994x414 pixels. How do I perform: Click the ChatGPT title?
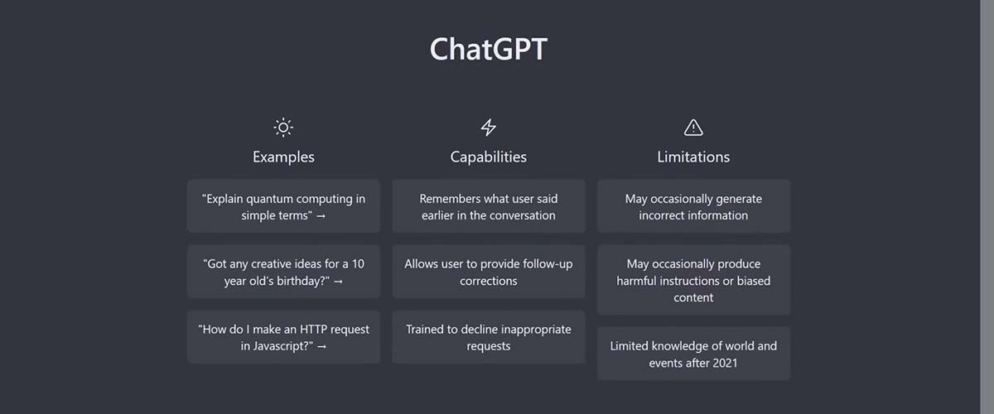(x=488, y=49)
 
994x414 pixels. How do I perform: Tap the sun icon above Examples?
(x=283, y=128)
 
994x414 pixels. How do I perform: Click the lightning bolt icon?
(x=488, y=128)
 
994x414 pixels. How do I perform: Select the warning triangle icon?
(x=693, y=128)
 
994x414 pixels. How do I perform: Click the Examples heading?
(x=283, y=156)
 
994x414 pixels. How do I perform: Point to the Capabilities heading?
(x=488, y=156)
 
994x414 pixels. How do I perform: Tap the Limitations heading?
(x=693, y=156)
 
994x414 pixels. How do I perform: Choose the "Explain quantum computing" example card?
(x=283, y=206)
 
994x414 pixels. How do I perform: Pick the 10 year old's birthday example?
(x=283, y=272)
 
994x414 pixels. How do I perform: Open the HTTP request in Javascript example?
(x=283, y=337)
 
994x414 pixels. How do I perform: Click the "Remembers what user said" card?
(x=488, y=206)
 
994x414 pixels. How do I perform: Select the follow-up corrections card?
(x=488, y=272)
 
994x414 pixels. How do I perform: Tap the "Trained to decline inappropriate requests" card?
(x=488, y=337)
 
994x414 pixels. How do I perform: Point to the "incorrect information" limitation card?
(x=693, y=206)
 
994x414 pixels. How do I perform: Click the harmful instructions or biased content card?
(x=693, y=280)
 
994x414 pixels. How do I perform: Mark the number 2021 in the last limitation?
(x=725, y=363)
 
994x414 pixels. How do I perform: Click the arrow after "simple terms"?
(x=321, y=216)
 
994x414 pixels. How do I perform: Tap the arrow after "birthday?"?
(x=338, y=282)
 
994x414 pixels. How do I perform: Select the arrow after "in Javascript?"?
(x=321, y=347)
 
